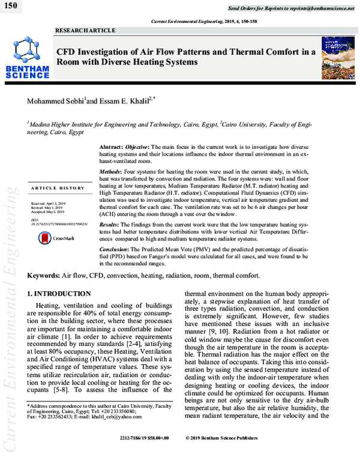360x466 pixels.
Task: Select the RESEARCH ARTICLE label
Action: tap(81, 30)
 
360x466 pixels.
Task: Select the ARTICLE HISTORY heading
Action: tap(58, 189)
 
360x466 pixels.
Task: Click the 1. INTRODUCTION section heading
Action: tap(59, 294)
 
